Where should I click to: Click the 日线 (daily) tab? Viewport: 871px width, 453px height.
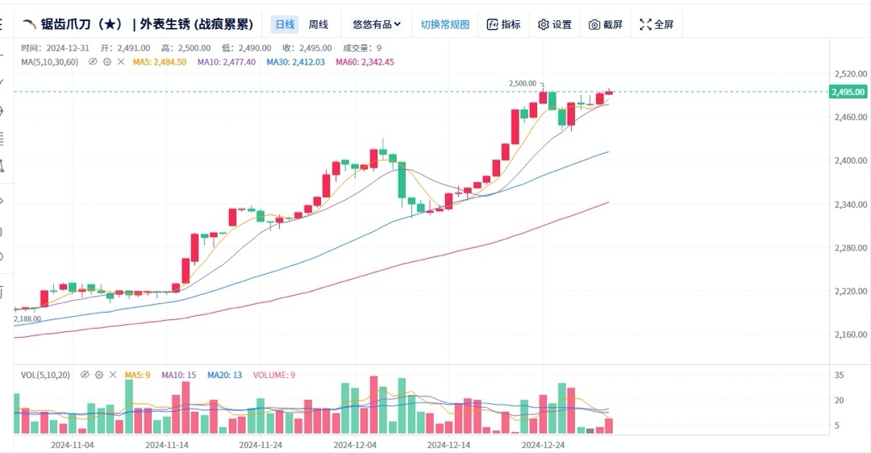coord(285,24)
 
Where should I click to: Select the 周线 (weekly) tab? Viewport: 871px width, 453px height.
coord(319,24)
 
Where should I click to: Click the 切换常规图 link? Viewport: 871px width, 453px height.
coord(444,24)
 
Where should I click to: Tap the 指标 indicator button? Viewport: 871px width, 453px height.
coord(503,24)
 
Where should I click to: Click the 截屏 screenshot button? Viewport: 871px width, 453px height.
coord(606,24)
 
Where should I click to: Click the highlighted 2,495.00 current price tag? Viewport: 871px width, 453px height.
coord(848,92)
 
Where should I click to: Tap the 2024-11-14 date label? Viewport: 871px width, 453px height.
coord(167,444)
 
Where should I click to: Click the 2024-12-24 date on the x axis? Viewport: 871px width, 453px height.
coord(544,444)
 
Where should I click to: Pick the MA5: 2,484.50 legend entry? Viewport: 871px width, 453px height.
coord(160,61)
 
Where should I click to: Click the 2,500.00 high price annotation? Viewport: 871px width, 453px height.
coord(523,83)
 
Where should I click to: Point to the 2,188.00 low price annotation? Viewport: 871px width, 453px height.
coord(27,319)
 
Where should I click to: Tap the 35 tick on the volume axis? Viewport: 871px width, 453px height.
coord(840,376)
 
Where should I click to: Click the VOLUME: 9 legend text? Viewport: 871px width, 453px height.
coord(274,375)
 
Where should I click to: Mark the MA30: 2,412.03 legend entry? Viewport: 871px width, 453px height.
coord(296,61)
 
